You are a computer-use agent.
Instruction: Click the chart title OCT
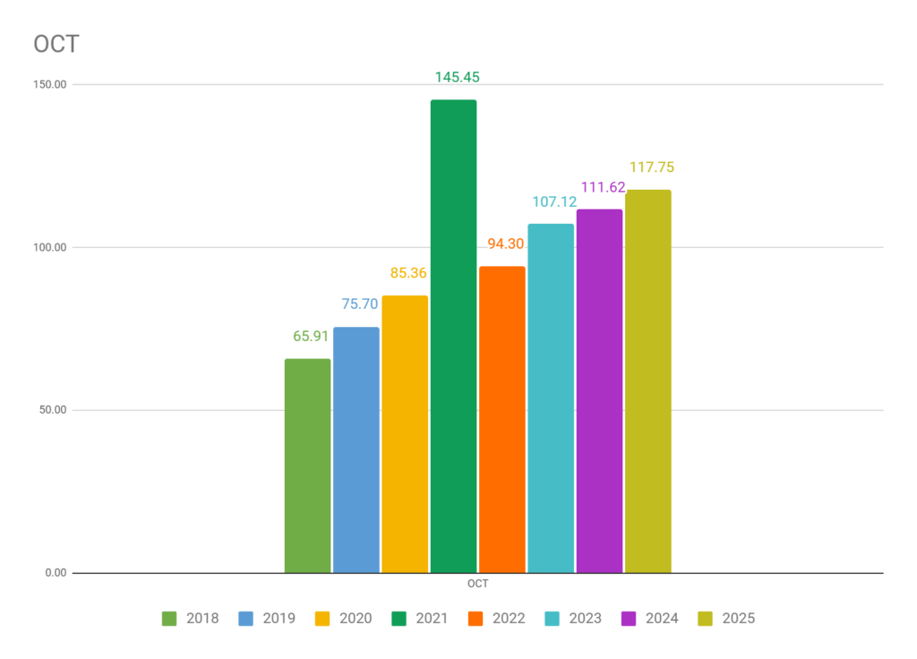pyautogui.click(x=56, y=44)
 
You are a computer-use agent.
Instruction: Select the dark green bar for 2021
pyautogui.click(x=453, y=336)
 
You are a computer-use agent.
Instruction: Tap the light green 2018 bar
pyautogui.click(x=307, y=466)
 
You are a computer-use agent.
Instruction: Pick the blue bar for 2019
pyautogui.click(x=356, y=449)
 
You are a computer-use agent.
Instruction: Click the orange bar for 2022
pyautogui.click(x=501, y=419)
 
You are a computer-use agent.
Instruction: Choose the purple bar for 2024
pyautogui.click(x=599, y=390)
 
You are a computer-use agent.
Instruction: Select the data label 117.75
pyautogui.click(x=651, y=167)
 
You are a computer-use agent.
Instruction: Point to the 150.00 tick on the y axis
pyautogui.click(x=50, y=85)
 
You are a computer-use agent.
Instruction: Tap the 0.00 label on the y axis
pyautogui.click(x=56, y=573)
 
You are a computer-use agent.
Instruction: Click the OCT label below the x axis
pyautogui.click(x=477, y=585)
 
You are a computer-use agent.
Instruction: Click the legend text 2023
pyautogui.click(x=584, y=618)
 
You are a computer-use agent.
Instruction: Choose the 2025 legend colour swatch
pyautogui.click(x=706, y=618)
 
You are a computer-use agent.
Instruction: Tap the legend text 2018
pyautogui.click(x=201, y=618)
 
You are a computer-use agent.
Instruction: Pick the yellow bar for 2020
pyautogui.click(x=405, y=434)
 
